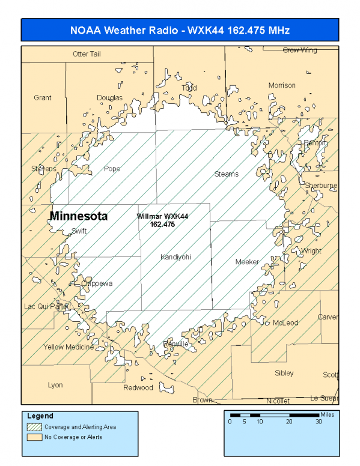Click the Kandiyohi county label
(175, 257)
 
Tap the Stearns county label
(227, 174)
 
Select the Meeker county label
(247, 262)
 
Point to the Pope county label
(112, 169)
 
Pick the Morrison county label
(282, 85)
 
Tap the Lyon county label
(55, 385)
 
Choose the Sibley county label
(284, 373)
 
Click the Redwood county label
(138, 387)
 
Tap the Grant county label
(43, 98)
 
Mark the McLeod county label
(285, 322)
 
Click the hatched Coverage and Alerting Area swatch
(34, 427)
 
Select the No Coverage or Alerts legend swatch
(34, 437)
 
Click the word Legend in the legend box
(40, 416)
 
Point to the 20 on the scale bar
(289, 422)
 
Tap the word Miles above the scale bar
(327, 414)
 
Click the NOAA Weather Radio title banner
(180, 30)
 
